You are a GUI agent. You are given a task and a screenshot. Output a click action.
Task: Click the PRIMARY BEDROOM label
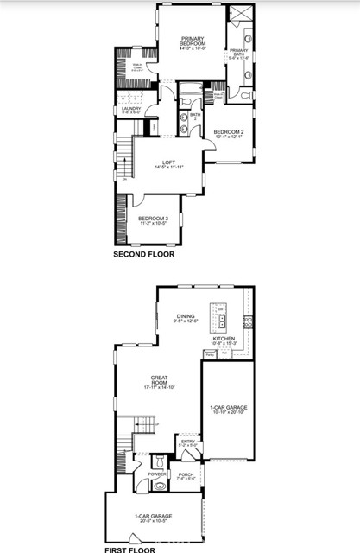pyautogui.click(x=191, y=41)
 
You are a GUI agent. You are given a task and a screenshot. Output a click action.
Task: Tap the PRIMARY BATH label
pyautogui.click(x=239, y=52)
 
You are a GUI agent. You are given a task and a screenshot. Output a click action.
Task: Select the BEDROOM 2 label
pyautogui.click(x=229, y=131)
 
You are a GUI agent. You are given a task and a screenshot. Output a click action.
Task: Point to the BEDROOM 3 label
pyautogui.click(x=152, y=218)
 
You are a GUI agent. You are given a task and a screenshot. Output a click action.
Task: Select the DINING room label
pyautogui.click(x=186, y=317)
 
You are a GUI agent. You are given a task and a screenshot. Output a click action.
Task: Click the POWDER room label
pyautogui.click(x=157, y=474)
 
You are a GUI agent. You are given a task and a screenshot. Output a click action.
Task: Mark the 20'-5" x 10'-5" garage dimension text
pyautogui.click(x=155, y=522)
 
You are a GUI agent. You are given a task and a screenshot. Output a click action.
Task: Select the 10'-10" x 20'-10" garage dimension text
pyautogui.click(x=228, y=411)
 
